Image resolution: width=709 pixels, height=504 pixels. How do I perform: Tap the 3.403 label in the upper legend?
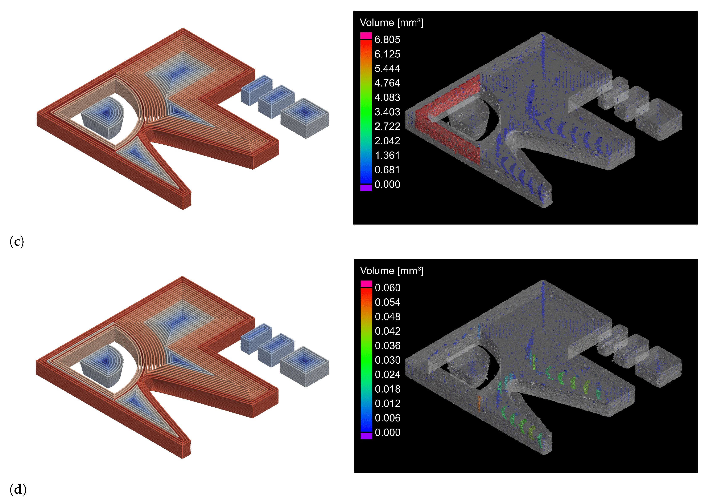387,112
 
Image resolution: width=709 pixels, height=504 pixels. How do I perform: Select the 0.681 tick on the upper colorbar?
387,170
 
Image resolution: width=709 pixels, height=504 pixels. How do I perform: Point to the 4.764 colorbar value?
387,83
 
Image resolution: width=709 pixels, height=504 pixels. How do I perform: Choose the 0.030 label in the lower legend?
388,360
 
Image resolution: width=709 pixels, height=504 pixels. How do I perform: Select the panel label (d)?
18,490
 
